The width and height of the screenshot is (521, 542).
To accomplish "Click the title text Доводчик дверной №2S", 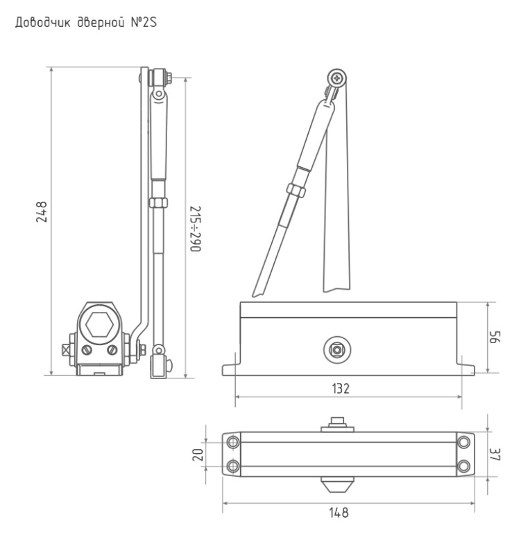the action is click(86, 22).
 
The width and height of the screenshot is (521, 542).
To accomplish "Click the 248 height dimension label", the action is click(42, 211).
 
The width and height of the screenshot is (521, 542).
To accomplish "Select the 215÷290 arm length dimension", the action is click(196, 229).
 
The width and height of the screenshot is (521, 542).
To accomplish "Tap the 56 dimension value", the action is click(495, 337).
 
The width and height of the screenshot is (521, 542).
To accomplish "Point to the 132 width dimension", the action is click(341, 389).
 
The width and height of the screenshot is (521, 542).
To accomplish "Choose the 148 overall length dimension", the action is click(339, 512).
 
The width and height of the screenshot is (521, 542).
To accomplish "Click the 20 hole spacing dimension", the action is click(198, 455).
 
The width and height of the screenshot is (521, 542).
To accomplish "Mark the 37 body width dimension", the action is click(495, 454).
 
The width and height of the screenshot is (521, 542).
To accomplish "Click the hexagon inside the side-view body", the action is click(99, 324).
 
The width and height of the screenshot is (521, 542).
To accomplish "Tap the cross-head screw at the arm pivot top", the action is click(336, 78).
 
